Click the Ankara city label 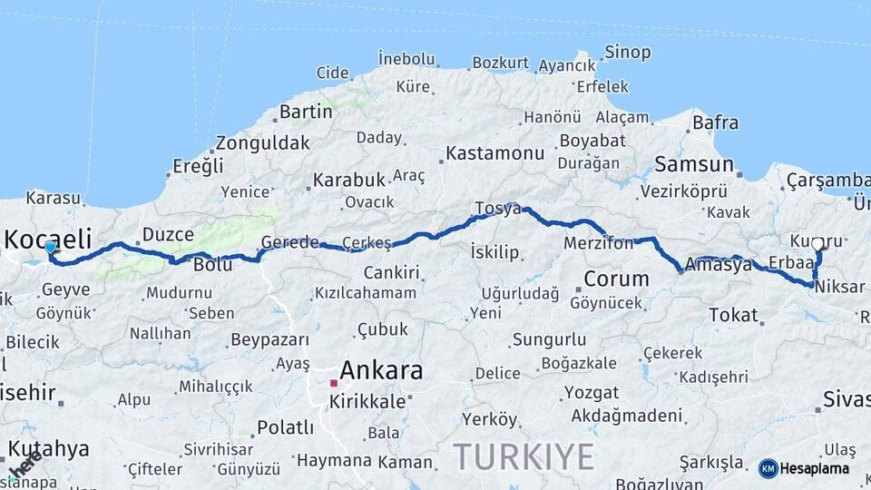[381, 370]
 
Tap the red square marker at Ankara [334, 384]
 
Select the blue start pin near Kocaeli [50, 247]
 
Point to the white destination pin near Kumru [817, 244]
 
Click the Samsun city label [694, 164]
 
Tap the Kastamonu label [495, 152]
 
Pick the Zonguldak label [263, 142]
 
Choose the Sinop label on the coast [628, 53]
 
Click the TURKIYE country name [524, 455]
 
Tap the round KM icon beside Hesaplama [768, 468]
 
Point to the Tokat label [733, 315]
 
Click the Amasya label [719, 265]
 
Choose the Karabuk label [349, 179]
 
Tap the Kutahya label [49, 448]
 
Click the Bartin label [306, 112]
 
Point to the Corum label [616, 279]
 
